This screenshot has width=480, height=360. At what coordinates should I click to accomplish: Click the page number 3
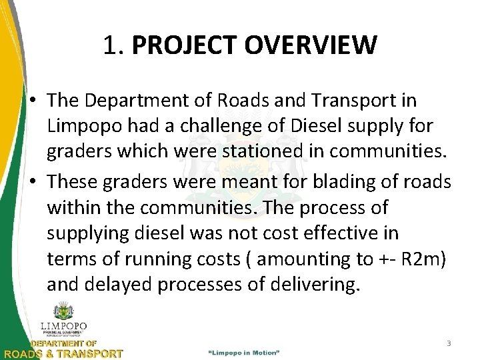click(x=449, y=343)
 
